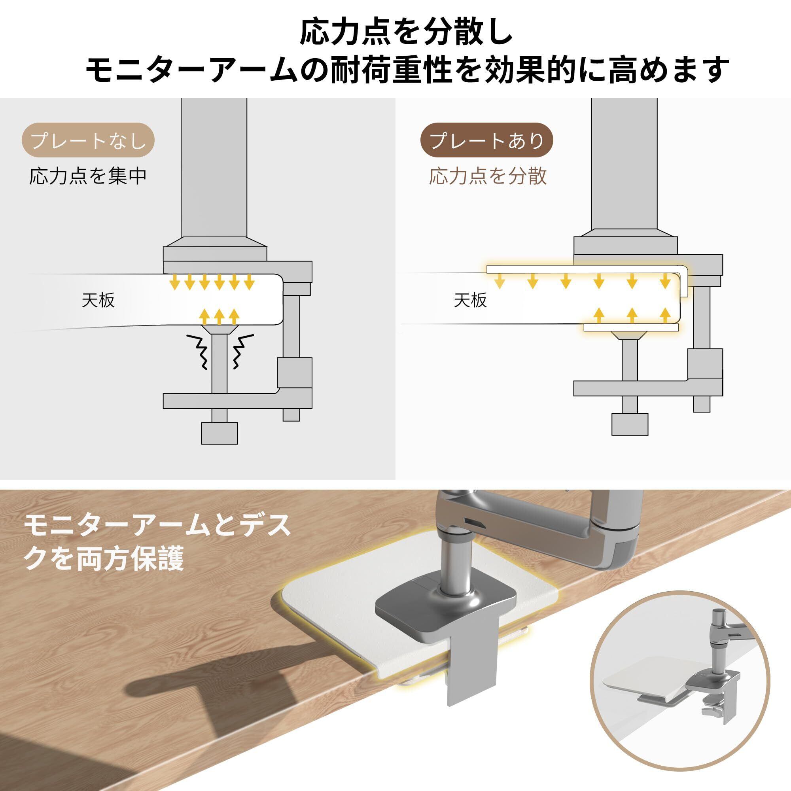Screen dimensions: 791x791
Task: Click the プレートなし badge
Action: coord(88,140)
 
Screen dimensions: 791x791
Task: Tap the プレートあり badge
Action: coord(487,140)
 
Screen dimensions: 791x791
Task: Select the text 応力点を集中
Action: coord(88,176)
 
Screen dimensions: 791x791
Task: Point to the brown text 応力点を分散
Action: coord(488,176)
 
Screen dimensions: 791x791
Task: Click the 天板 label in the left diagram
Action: coord(98,301)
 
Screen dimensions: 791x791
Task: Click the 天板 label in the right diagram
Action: coord(470,301)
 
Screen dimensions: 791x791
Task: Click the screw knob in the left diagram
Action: coord(220,433)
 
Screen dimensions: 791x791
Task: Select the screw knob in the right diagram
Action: coord(630,424)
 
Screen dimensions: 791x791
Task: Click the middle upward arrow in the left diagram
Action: coord(219,316)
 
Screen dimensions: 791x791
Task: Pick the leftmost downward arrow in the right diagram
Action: coord(499,281)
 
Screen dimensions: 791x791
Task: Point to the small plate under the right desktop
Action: coord(630,327)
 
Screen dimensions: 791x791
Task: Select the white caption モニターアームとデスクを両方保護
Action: coord(158,543)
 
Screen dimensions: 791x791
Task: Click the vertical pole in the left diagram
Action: coord(214,168)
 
